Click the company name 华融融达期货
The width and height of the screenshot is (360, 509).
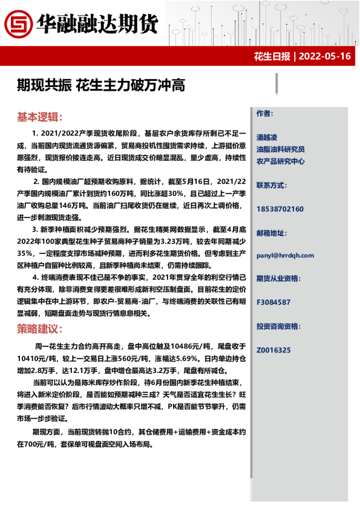coord(97,24)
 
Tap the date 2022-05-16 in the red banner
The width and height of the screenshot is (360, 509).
coord(325,57)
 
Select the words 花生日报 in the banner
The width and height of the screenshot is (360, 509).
coord(272,57)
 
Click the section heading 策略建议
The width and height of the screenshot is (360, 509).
coord(39,329)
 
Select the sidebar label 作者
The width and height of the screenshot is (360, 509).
coord(265,114)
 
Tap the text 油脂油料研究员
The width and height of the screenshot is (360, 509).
coord(280,149)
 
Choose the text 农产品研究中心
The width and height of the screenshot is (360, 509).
coord(280,161)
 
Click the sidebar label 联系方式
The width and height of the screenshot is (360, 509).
coord(273,185)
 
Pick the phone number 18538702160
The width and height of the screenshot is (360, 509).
coord(280,209)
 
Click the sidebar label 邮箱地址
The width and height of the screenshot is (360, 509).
coord(273,232)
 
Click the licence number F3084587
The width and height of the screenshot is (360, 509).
coord(273,302)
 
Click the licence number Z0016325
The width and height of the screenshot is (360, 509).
coord(273,350)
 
